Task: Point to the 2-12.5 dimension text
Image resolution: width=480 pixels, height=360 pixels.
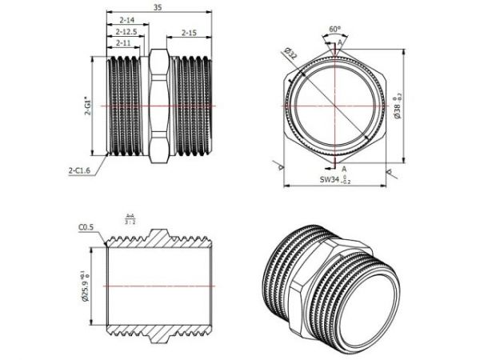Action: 126,31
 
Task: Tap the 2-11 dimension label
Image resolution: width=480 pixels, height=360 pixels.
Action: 123,42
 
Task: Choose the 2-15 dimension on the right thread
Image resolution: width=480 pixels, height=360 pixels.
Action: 189,33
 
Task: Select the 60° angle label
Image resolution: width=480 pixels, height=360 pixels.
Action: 335,29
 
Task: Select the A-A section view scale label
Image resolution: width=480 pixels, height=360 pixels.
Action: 130,219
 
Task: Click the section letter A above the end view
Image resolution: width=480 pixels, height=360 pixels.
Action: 342,42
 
